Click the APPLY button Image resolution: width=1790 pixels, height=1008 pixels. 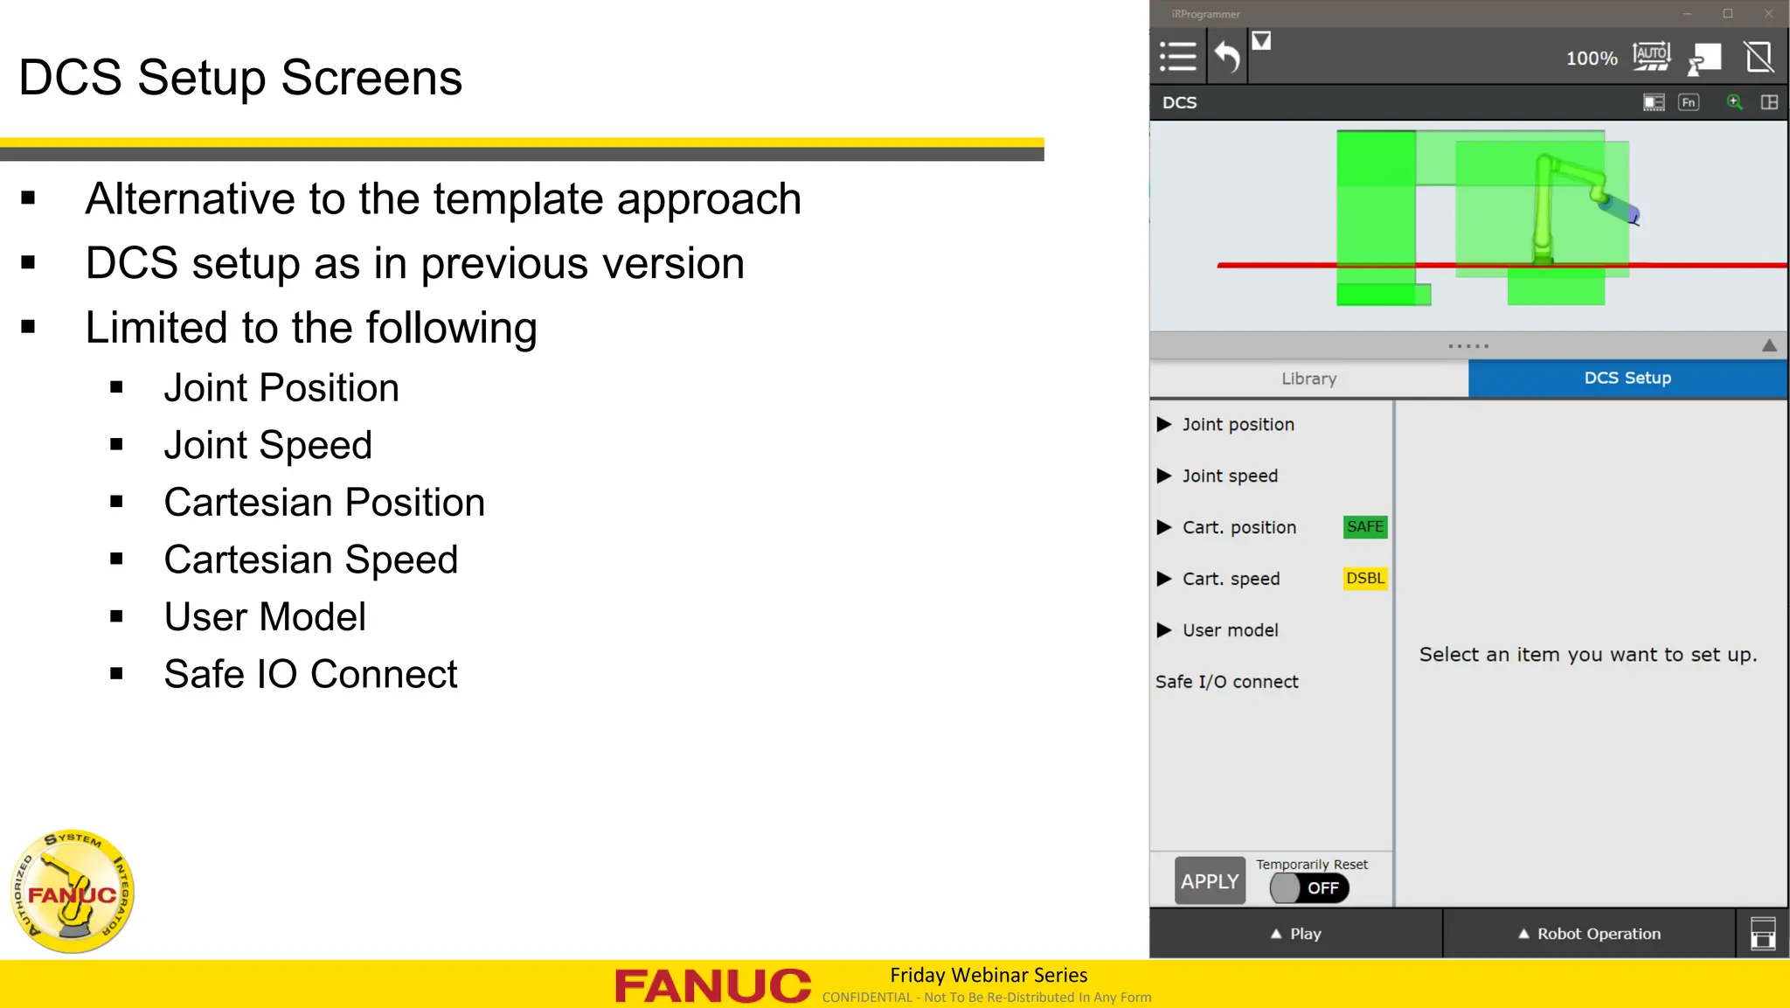click(1210, 881)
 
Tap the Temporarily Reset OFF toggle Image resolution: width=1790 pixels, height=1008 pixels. click(1309, 888)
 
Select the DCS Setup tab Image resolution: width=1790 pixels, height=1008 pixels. click(1627, 379)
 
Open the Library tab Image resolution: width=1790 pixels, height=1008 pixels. click(1308, 379)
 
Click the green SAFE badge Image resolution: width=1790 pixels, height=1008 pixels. click(1364, 527)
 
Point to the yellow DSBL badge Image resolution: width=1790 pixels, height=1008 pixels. click(1364, 579)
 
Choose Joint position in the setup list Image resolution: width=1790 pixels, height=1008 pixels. click(1238, 425)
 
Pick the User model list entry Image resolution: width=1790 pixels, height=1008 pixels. click(1230, 630)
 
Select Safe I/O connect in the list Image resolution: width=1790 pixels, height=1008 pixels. click(1226, 682)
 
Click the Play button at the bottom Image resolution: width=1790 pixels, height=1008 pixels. click(1296, 934)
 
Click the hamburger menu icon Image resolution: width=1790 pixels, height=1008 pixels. click(1177, 57)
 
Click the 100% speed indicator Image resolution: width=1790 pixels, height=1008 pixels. click(1591, 59)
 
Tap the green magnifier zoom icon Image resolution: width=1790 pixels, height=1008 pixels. click(1734, 102)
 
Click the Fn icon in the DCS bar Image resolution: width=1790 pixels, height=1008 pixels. click(1689, 102)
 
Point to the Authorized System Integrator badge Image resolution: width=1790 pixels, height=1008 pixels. click(73, 891)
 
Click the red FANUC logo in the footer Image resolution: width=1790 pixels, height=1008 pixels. click(712, 985)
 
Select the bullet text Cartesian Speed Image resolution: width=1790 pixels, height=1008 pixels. click(310, 560)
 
